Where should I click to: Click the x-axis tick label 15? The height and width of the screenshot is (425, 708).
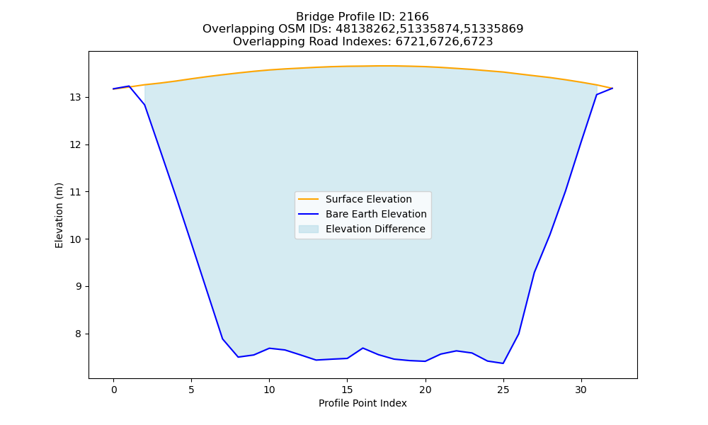point(347,390)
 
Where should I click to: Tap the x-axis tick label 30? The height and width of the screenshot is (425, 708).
point(581,390)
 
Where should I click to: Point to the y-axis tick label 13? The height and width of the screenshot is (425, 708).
point(75,98)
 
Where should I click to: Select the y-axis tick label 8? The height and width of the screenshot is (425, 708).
point(78,334)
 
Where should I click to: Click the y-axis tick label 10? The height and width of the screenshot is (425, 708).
point(75,239)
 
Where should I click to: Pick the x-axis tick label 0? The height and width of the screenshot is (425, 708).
point(113,390)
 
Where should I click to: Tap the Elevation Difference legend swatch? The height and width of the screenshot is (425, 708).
point(309,229)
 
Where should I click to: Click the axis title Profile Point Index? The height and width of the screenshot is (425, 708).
point(362,403)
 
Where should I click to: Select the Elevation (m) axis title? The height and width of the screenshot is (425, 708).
point(59,215)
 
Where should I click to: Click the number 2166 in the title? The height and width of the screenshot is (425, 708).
point(413,17)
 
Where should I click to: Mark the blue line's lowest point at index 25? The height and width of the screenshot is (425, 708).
point(503,363)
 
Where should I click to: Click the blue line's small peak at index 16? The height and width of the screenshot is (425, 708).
point(362,348)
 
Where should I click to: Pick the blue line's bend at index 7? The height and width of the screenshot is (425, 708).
point(222,339)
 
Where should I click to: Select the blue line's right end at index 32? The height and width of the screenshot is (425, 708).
point(612,88)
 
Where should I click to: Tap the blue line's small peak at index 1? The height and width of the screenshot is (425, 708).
point(129,86)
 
